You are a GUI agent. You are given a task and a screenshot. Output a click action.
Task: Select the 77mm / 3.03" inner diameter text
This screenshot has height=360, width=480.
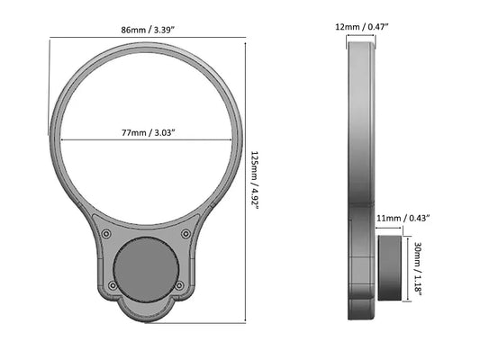click(x=148, y=133)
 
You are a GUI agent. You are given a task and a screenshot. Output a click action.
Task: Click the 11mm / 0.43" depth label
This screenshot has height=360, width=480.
click(x=402, y=218)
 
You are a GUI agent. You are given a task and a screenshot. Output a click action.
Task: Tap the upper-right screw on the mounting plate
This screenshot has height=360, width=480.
click(x=186, y=234)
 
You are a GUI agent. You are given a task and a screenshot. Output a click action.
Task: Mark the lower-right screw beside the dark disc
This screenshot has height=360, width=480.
click(x=180, y=285)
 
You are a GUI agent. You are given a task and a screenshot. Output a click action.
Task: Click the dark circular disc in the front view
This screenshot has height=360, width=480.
click(x=147, y=270)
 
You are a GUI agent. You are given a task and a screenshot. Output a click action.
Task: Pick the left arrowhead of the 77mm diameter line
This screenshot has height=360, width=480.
click(x=63, y=141)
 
